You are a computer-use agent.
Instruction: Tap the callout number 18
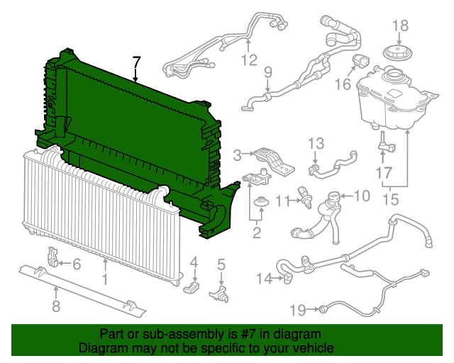[x=401, y=26]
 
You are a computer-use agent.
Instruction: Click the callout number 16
[x=343, y=84]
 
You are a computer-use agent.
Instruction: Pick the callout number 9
[x=268, y=72]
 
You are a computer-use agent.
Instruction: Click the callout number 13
[x=315, y=144]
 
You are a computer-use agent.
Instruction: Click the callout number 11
[x=282, y=201]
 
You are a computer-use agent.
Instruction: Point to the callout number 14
[x=263, y=279]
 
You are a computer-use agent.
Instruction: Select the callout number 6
[x=77, y=265]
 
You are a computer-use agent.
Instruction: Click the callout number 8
[x=55, y=307]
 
